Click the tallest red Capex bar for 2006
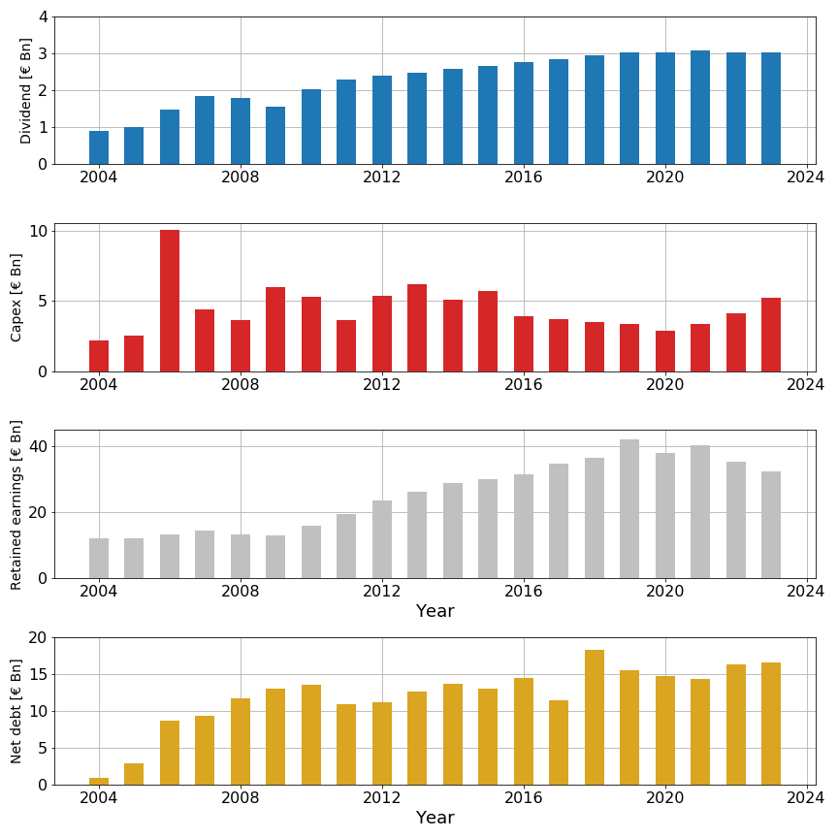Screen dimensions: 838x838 tap(170, 301)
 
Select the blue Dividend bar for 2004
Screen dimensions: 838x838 tap(99, 147)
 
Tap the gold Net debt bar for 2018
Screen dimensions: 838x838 tap(595, 718)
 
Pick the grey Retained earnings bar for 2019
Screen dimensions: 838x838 tap(629, 509)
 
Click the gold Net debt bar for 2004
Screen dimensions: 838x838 tap(99, 781)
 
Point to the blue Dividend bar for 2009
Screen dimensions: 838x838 tap(275, 136)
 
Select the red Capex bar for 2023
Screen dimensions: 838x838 tap(771, 335)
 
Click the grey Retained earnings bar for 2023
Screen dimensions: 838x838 tap(771, 525)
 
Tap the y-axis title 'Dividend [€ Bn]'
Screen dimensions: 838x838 tap(26, 90)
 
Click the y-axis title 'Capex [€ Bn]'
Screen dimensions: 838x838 tap(16, 297)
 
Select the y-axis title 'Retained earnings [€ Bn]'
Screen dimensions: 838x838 tap(16, 504)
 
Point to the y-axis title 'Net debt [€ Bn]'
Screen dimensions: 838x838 tap(16, 711)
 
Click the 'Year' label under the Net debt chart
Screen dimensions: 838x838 tap(435, 819)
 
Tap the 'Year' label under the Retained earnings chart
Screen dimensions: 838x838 tap(435, 612)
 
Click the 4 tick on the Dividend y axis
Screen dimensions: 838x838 tap(42, 17)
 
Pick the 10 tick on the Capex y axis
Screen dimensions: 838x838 tap(38, 232)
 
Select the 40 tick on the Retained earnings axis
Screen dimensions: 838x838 tap(38, 447)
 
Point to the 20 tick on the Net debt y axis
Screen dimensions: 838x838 tap(38, 638)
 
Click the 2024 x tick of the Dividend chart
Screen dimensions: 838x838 tap(805, 178)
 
